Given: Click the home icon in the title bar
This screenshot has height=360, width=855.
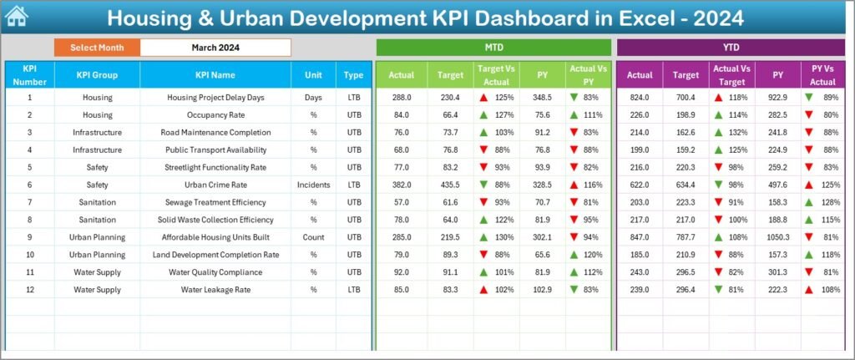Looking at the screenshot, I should point(16,17).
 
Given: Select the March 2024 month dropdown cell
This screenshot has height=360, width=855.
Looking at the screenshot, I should point(215,48).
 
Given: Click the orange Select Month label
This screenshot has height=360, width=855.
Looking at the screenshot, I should point(97,48).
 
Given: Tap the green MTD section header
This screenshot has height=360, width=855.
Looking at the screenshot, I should point(493,48).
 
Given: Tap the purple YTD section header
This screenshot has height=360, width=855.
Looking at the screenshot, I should point(731,48).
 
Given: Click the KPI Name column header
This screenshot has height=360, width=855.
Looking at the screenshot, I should point(215,75).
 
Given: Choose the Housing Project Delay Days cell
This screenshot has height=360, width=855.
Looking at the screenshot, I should point(215,98).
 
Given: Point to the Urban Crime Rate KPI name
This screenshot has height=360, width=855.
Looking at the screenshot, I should point(215,185).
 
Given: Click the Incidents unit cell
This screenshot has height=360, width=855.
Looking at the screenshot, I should point(313,185).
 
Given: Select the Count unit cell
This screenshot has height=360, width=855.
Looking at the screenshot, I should point(313,237).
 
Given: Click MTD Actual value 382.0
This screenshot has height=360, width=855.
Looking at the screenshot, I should point(402,185).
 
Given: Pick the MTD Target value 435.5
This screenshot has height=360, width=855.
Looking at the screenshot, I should point(450,185).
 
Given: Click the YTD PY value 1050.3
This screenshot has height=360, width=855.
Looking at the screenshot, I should point(777,237).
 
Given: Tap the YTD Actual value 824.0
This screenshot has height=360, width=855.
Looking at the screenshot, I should point(640,98).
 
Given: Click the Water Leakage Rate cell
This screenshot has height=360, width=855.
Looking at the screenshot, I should point(215,290).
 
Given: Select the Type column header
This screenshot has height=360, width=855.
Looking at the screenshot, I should point(353,75).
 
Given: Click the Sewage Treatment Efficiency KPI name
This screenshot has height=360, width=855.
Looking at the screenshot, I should point(215,202).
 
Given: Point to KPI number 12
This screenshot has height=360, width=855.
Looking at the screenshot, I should point(29,290).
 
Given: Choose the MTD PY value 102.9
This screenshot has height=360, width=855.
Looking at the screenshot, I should point(542,290).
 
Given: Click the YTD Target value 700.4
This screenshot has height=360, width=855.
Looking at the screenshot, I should point(686,98).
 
